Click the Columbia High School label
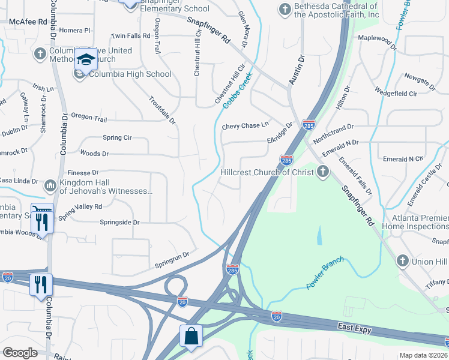130,74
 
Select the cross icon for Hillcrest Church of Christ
322,173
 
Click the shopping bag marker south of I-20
191,337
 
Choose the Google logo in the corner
20,353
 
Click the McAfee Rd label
28,22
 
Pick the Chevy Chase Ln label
245,126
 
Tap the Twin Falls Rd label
130,36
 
